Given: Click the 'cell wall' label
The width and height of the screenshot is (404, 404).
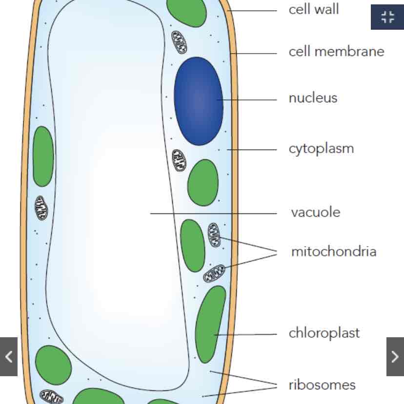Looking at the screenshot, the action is pos(314,10).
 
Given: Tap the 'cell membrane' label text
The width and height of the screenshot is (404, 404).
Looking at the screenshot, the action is pos(336,52).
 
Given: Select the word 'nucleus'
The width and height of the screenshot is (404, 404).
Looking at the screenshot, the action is pos(313,98).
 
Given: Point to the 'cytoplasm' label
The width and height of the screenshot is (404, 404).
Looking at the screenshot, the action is pos(321,149).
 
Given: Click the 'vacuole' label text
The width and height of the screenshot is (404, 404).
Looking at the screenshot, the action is pos(315,212).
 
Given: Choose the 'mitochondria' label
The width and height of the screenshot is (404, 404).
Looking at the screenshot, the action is pos(334,251).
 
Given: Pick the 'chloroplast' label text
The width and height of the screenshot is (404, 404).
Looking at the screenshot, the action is pos(324,333).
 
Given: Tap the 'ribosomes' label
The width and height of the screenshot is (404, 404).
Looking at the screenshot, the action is pos(322,385).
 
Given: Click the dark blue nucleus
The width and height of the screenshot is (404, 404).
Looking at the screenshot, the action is pos(198,101).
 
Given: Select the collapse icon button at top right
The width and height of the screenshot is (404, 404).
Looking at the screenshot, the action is pos(387,18).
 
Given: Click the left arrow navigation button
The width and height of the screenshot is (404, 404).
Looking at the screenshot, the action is pos(9,357).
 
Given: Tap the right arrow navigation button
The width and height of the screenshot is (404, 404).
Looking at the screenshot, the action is pos(395,357).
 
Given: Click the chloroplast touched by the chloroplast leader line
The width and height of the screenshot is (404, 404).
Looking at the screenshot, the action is pos(210,324).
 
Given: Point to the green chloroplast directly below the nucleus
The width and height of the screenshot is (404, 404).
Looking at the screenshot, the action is pos(203,182).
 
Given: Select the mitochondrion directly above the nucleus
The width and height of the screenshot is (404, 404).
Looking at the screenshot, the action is pos(179,42).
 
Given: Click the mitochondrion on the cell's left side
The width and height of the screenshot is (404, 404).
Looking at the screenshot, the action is pos(41,208).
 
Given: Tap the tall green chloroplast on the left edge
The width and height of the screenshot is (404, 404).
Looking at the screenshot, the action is pos(43,156).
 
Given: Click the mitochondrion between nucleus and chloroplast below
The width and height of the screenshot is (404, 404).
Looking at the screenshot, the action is pos(180,160).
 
